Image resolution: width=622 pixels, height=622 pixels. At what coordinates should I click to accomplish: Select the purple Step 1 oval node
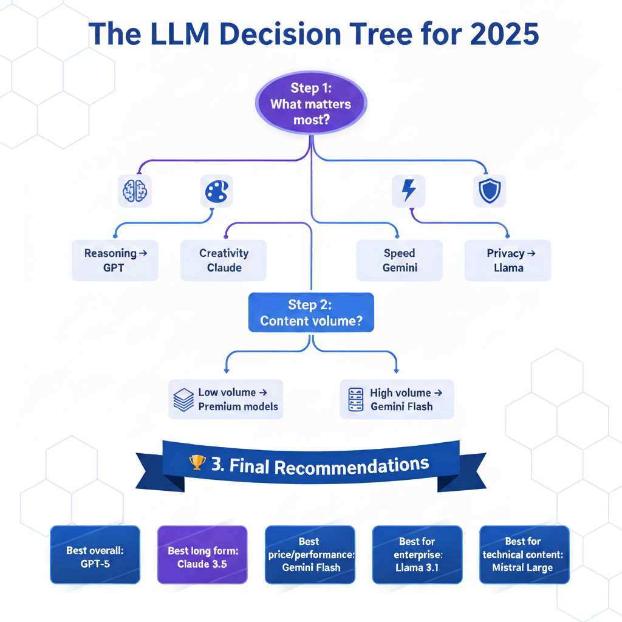[310, 104]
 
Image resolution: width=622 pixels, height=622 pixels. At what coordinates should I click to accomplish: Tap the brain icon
[134, 192]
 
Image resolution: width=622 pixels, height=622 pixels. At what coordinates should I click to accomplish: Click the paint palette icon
[216, 192]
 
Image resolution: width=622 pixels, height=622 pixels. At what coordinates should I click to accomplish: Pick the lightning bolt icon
[409, 191]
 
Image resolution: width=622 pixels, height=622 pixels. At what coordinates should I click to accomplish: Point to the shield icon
[489, 192]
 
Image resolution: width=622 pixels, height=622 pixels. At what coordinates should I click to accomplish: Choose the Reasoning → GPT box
[115, 260]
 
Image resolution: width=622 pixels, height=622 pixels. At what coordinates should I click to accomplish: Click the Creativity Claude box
[224, 260]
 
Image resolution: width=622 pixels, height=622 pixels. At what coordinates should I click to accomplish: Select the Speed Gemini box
[399, 260]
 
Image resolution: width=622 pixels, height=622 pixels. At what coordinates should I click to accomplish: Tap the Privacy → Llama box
[508, 260]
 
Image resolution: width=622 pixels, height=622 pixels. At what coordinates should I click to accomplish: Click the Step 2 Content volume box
[311, 312]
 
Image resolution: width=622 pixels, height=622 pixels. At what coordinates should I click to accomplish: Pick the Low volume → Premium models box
[226, 400]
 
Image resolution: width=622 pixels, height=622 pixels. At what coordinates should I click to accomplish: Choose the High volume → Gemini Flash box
[397, 400]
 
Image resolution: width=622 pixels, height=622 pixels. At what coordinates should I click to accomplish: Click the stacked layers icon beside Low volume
[183, 400]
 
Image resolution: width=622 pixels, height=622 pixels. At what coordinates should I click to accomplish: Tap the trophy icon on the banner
[197, 463]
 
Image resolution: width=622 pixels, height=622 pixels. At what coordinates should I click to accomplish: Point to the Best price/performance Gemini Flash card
[310, 554]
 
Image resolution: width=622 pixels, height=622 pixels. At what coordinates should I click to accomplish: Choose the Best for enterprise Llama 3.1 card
[417, 554]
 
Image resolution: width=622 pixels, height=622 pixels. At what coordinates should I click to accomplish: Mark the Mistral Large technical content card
[524, 554]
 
